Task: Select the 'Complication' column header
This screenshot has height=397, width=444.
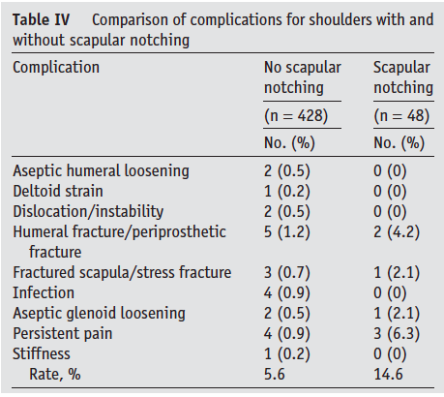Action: (x=56, y=68)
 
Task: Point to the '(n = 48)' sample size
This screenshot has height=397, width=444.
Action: (x=401, y=116)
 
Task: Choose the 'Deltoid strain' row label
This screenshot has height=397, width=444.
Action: (x=60, y=192)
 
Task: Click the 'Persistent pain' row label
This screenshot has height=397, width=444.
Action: (x=64, y=333)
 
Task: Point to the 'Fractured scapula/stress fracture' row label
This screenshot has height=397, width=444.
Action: (x=122, y=273)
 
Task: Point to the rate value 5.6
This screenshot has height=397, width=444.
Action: (x=275, y=374)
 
